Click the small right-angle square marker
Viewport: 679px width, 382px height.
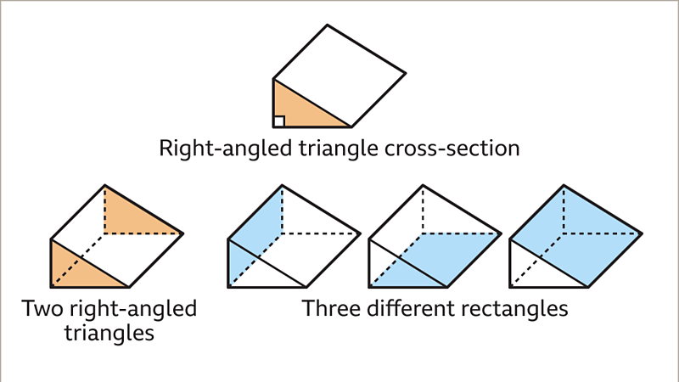[x=279, y=121]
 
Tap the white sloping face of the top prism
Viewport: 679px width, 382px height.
[x=339, y=76]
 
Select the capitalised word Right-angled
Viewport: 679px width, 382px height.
[x=220, y=149]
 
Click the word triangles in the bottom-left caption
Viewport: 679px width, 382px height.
[x=108, y=333]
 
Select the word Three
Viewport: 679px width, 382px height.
[x=333, y=308]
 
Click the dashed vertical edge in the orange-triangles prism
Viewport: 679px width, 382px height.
[x=104, y=208]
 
